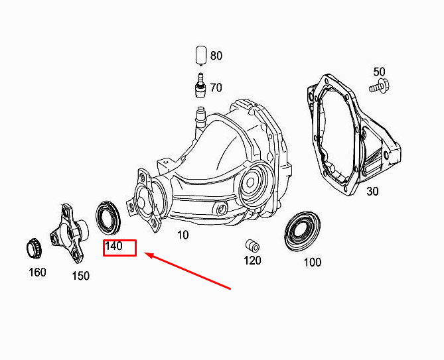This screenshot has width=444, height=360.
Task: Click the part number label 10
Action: coord(183,235)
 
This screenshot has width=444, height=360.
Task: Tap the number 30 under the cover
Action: coord(372,192)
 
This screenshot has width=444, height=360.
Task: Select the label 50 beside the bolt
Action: coord(379,72)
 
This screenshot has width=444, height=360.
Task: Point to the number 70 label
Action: coord(216,87)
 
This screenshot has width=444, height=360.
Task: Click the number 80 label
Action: coord(216,56)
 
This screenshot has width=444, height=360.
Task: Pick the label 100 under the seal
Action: coord(312,262)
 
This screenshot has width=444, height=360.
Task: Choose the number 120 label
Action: coord(252,261)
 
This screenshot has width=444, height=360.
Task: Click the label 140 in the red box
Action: coord(114,246)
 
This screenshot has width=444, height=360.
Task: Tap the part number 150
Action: coord(80,276)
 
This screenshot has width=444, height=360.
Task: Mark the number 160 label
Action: coord(37,272)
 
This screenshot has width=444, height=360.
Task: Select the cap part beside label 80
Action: coord(200,55)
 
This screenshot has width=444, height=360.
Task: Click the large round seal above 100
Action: coord(302,231)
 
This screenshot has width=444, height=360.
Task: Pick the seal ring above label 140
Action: coord(108,216)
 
